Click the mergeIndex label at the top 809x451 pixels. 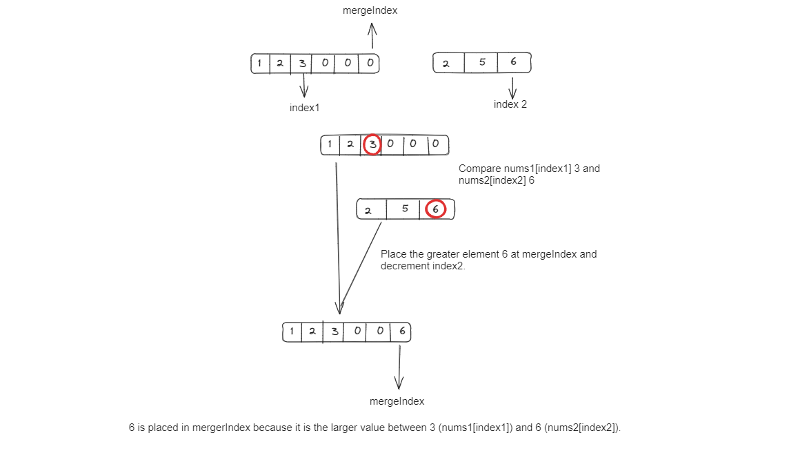(370, 10)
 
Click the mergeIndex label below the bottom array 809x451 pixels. (397, 401)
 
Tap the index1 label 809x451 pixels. (304, 108)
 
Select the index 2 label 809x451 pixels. (510, 104)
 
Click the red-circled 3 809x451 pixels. (372, 144)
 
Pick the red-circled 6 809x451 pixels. (435, 209)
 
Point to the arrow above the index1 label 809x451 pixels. (304, 85)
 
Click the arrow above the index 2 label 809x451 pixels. (512, 88)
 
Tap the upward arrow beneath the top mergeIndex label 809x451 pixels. (372, 36)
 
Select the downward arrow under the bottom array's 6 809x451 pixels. (399, 367)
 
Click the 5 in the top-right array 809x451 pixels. (482, 62)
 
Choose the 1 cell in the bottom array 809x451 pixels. (292, 331)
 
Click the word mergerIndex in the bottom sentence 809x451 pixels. (221, 428)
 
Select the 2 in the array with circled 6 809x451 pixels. (368, 210)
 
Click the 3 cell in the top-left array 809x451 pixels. (302, 64)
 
